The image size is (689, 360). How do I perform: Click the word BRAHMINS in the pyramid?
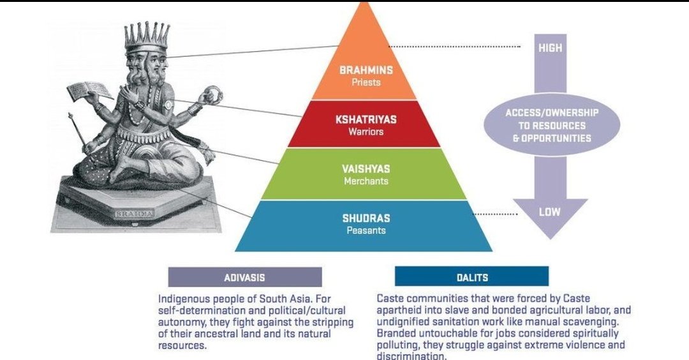[366, 70]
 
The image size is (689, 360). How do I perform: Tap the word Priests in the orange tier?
[366, 82]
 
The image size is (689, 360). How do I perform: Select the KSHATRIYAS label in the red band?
[366, 119]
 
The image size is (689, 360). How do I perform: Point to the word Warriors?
[366, 132]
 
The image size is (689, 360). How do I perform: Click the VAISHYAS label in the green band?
[366, 169]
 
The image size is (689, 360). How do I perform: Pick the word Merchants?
[366, 181]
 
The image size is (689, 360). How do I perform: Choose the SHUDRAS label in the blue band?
[366, 218]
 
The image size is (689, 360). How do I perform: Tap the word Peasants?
[366, 230]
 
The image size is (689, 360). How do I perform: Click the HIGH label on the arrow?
[550, 49]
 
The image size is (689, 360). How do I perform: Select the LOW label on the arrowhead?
[549, 212]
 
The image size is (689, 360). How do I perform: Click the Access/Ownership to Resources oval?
[552, 125]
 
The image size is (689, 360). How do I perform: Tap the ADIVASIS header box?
[245, 277]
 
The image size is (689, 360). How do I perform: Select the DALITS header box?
[471, 277]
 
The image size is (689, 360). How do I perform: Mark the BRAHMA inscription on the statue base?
[134, 214]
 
